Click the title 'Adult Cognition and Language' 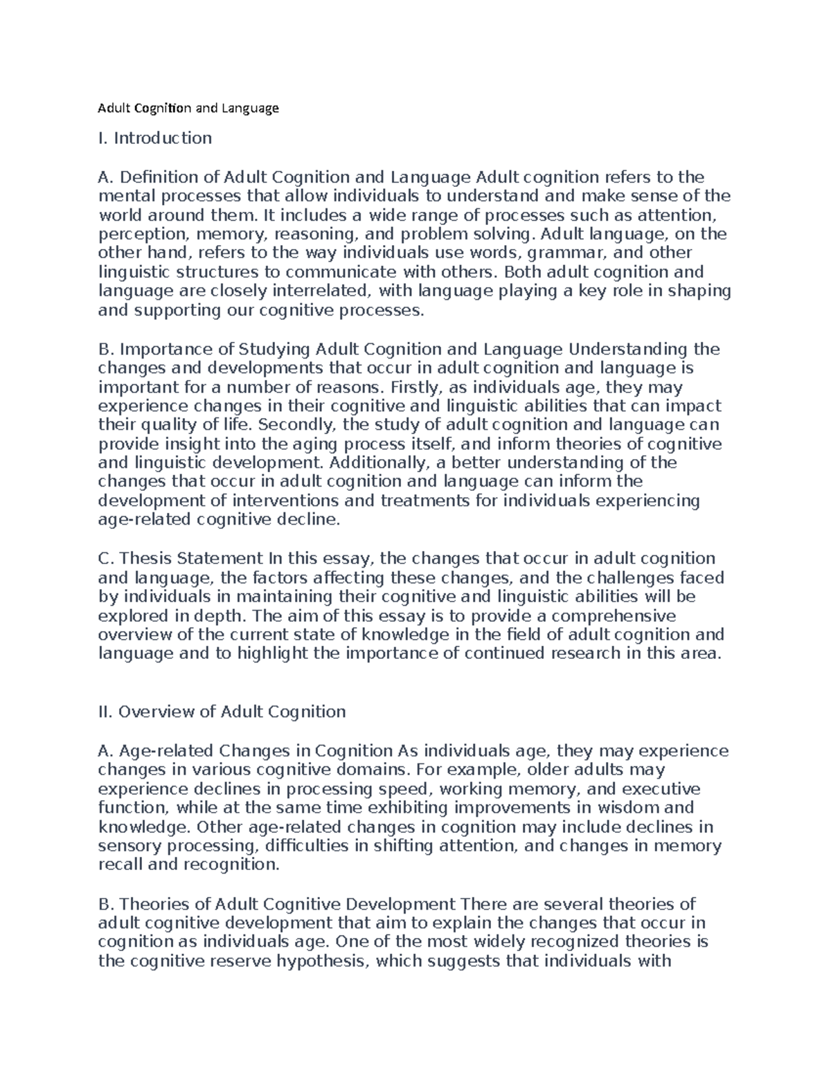tap(188, 108)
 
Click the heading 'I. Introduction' tap(155, 138)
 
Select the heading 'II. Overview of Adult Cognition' tap(222, 712)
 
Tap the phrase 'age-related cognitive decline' tap(219, 520)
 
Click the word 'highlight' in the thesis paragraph tap(273, 653)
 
